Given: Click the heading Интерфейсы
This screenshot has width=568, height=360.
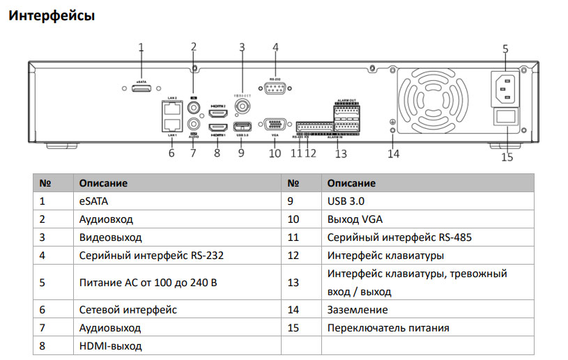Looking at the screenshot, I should pyautogui.click(x=51, y=15).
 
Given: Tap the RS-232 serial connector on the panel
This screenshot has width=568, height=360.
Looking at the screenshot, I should pyautogui.click(x=275, y=88).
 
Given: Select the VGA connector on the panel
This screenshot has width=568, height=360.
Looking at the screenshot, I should pyautogui.click(x=275, y=124).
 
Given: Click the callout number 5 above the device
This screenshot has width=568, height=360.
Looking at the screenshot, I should pyautogui.click(x=505, y=49).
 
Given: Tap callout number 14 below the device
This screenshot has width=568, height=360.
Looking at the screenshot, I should pyautogui.click(x=394, y=154).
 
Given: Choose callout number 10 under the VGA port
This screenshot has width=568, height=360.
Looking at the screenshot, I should pyautogui.click(x=275, y=152).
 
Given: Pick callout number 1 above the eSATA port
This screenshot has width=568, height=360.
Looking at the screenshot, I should pyautogui.click(x=141, y=47).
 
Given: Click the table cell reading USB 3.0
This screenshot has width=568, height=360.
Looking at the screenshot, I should pyautogui.click(x=346, y=201).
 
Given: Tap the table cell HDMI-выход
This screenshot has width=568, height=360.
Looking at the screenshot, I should pyautogui.click(x=110, y=346).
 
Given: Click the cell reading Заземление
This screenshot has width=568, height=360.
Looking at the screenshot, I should pyautogui.click(x=358, y=309).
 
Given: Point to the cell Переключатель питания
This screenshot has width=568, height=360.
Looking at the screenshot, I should pyautogui.click(x=388, y=328).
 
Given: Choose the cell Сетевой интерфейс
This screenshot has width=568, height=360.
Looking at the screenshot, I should pyautogui.click(x=128, y=309).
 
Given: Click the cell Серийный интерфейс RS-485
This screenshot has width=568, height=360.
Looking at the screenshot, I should pyautogui.click(x=399, y=237).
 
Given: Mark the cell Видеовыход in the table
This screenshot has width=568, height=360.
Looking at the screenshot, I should pyautogui.click(x=110, y=237).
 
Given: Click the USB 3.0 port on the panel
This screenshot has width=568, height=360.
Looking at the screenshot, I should pyautogui.click(x=242, y=127).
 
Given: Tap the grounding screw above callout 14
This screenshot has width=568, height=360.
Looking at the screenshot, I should pyautogui.click(x=392, y=130).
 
